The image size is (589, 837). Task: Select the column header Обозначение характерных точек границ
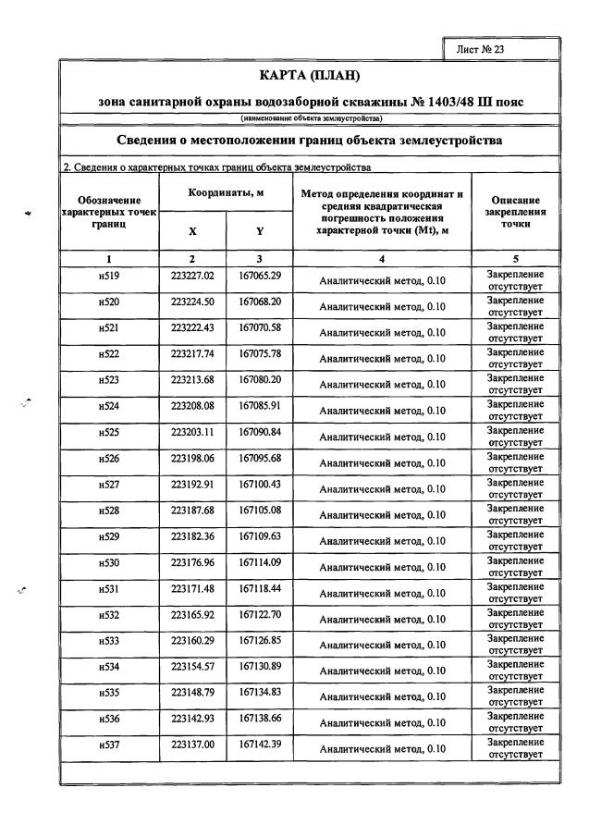109,212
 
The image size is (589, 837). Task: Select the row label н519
109,277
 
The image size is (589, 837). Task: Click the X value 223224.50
192,302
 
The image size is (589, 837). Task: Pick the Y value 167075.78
260,353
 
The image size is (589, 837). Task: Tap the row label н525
109,433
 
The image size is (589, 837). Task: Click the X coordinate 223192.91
192,484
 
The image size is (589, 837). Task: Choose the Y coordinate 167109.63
260,535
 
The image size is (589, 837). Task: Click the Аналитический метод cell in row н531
382,593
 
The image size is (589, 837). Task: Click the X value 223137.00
192,744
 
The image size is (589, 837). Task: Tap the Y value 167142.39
260,744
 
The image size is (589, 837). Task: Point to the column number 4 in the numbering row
382,258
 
